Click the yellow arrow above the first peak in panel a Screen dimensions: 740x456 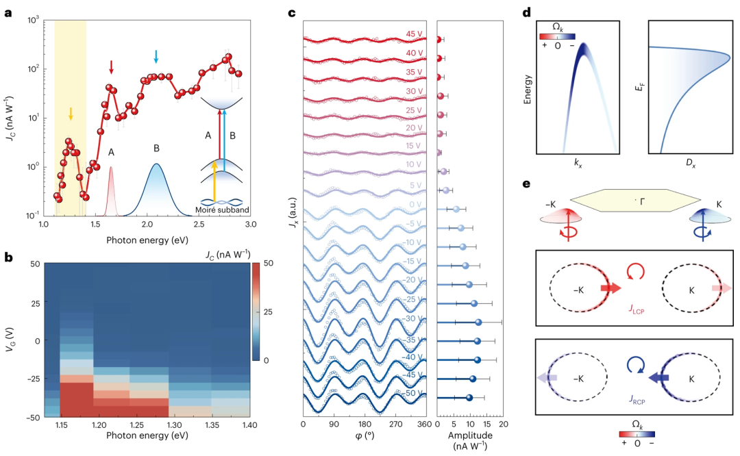click(71, 114)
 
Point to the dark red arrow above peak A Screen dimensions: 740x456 click(112, 67)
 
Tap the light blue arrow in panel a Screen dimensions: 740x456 click(156, 57)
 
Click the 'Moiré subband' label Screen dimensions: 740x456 click(222, 210)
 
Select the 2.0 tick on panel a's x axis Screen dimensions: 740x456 click(147, 224)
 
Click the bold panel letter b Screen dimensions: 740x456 click(8, 257)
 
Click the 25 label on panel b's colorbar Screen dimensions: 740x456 click(268, 312)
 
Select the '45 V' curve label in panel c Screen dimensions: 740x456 click(414, 34)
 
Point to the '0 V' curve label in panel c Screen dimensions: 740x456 click(415, 205)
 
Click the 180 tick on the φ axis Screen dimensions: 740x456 click(365, 424)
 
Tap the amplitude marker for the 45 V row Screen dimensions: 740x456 click(439, 40)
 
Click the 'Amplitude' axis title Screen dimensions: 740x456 click(470, 435)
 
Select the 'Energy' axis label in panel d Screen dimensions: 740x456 click(528, 89)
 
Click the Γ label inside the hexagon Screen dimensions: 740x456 click(642, 202)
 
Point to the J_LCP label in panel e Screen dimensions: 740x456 click(637, 309)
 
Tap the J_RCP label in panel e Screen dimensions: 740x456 click(637, 400)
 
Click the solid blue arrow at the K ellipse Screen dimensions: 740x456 click(659, 378)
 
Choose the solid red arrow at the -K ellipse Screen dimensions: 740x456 click(611, 289)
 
